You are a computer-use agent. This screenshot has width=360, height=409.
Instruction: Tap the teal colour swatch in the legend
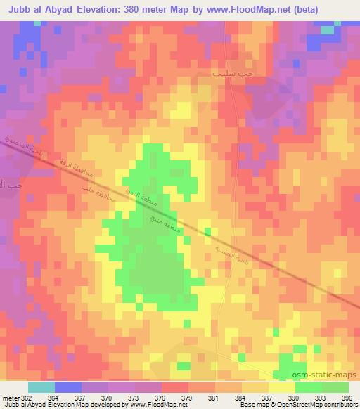point(41,387)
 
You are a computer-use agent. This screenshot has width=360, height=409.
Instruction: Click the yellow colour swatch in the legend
point(281,387)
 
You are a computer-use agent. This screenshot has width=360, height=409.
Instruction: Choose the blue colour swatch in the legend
point(68,387)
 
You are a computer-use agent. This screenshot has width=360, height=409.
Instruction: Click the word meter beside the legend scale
point(11,398)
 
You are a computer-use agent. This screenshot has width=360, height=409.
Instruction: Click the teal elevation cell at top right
point(327,30)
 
